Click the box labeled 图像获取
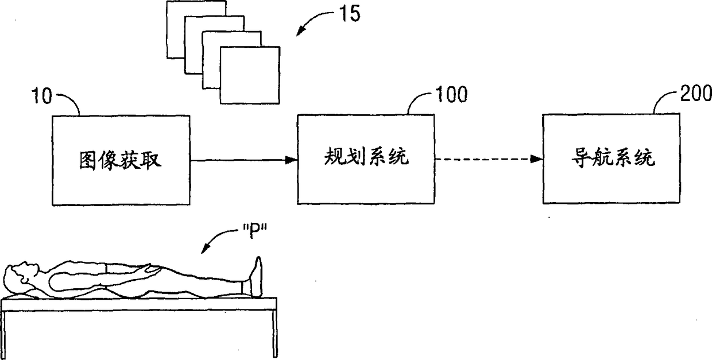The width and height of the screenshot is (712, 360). pos(121,160)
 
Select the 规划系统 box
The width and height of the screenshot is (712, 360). pos(365,158)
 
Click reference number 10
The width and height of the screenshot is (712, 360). pos(41,96)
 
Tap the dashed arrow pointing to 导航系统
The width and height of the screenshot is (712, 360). pos(489,159)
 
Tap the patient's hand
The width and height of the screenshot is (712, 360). pos(152,268)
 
